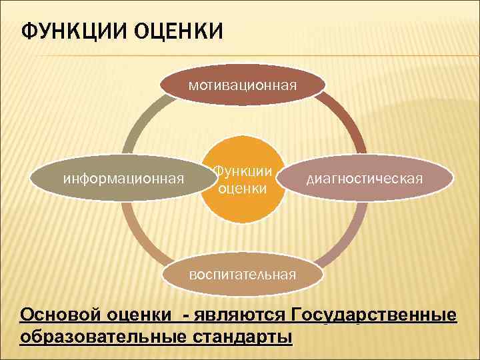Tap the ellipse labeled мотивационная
[x=243, y=85]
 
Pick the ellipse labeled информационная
[x=123, y=178]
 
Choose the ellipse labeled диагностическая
[x=364, y=178]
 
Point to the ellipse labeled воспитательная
[x=243, y=274]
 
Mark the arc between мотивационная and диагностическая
[x=349, y=123]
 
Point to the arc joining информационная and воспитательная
[x=137, y=233]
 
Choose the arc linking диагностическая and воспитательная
[x=351, y=233]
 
